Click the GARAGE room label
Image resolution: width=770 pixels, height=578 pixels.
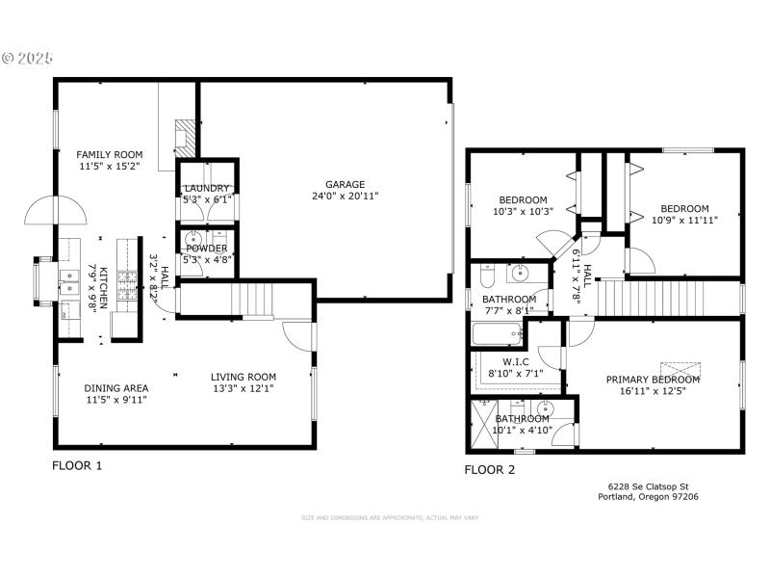[345, 184]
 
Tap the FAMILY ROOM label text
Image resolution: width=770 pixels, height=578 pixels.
[110, 154]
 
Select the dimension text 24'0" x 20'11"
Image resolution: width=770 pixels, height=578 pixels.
[345, 196]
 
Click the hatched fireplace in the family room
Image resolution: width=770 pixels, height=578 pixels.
[184, 136]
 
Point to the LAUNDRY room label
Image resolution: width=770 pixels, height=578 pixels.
[207, 188]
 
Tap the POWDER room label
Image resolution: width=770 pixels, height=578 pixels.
[207, 248]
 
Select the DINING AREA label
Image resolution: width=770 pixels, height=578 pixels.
[115, 388]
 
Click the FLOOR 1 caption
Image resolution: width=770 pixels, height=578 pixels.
[77, 465]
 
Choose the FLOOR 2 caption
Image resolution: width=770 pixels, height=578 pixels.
[490, 470]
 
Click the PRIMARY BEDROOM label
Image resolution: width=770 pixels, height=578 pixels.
[653, 380]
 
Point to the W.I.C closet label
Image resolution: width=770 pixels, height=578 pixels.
[517, 362]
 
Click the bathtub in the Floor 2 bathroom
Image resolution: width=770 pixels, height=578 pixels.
[497, 335]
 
